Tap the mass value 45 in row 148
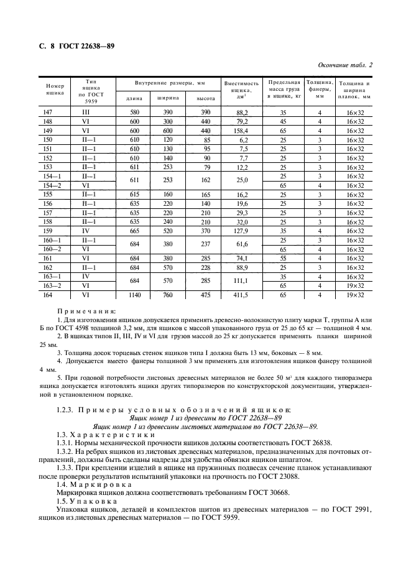point(284,122)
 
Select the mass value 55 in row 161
point(284,258)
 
